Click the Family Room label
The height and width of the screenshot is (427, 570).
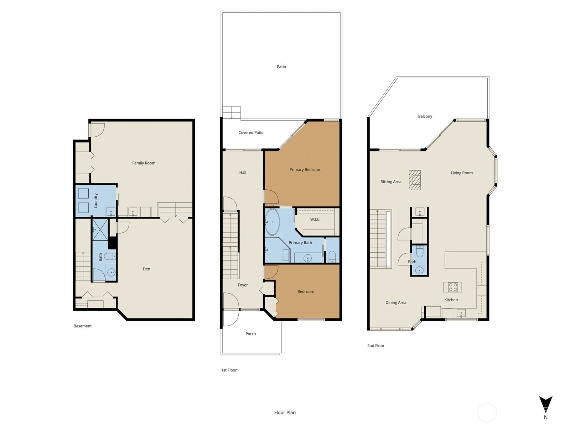tap(144, 163)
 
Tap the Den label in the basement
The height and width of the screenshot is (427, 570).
tap(146, 269)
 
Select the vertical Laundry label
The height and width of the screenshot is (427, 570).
tap(96, 201)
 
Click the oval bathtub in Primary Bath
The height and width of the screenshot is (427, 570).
tap(273, 222)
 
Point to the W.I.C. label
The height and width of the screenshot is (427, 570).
tap(315, 220)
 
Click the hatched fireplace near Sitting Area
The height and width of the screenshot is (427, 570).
tap(415, 180)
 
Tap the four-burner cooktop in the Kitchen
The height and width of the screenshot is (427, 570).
tap(453, 287)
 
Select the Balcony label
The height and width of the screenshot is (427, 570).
tap(425, 116)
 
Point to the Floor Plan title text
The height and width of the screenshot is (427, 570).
tap(285, 412)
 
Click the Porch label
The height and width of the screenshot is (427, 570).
tap(250, 334)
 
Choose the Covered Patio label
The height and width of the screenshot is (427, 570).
tap(251, 132)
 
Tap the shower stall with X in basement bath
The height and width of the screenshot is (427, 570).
tap(100, 230)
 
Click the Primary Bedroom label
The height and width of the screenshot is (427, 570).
tap(305, 170)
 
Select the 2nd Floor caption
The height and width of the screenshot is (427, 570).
tap(375, 346)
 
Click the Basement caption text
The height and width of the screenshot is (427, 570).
tap(83, 326)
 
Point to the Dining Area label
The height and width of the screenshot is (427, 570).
tap(395, 302)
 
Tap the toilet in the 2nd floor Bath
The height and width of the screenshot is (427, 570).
tap(420, 252)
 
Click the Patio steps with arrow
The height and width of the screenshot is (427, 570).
tap(232, 112)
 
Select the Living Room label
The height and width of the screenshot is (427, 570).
tap(462, 173)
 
